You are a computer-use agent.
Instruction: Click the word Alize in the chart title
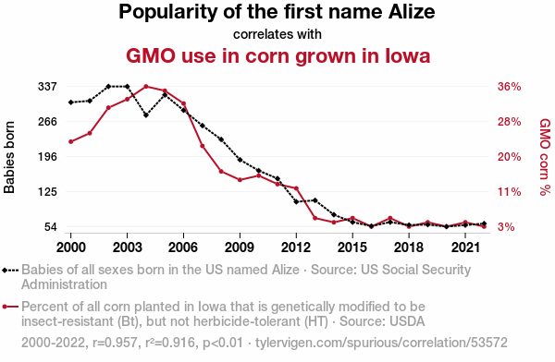[412, 12]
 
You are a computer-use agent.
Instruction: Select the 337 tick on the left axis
[47, 87]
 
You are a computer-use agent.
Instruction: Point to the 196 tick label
[47, 157]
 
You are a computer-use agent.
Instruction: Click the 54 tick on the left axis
[51, 226]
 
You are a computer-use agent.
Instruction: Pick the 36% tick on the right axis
[510, 87]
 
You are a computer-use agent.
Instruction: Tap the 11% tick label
[510, 192]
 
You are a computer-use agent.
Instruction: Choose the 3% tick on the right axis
[506, 226]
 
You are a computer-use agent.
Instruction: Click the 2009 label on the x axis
[240, 247]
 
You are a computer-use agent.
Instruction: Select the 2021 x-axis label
[465, 247]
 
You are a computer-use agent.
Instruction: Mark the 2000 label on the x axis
[71, 247]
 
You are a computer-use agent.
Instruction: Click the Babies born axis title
[9, 157]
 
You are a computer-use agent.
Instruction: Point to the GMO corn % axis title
[545, 157]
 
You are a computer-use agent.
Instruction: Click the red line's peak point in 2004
[146, 86]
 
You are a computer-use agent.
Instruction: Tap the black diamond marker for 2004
[146, 115]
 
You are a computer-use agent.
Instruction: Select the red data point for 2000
[71, 142]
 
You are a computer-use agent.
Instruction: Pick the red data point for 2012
[296, 188]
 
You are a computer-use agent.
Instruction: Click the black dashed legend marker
[10, 271]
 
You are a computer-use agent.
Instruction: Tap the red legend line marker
[10, 307]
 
